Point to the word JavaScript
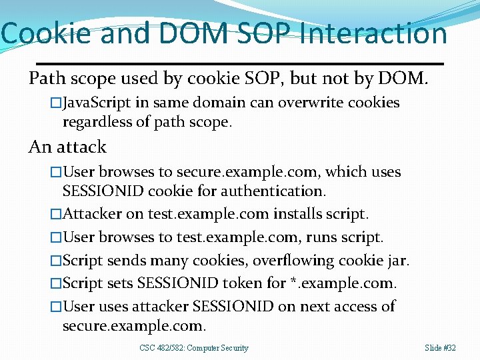(x=98, y=103)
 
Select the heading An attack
(x=67, y=147)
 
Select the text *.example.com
(x=343, y=283)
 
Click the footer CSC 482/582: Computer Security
(x=194, y=348)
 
